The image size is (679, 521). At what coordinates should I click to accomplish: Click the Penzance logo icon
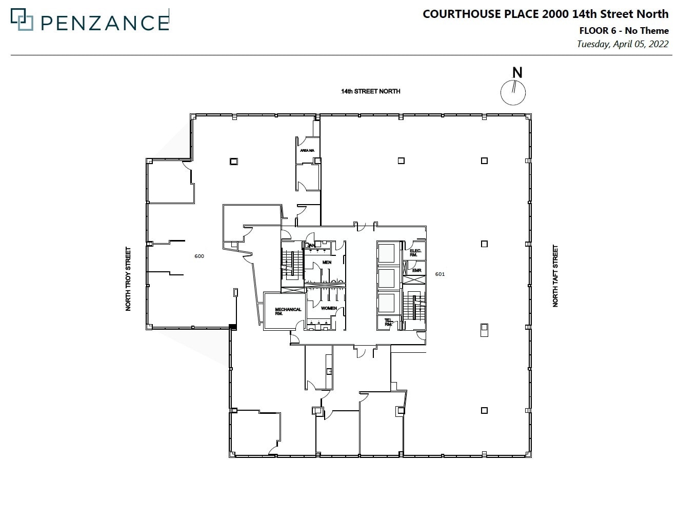click(x=22, y=21)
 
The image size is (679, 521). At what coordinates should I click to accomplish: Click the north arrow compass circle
click(x=513, y=93)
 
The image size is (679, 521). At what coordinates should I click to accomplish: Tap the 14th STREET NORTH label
click(x=370, y=91)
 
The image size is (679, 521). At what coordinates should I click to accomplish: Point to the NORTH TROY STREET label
click(x=128, y=279)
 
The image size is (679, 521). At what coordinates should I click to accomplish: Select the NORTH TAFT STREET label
click(x=555, y=276)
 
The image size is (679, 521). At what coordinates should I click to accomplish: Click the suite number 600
click(x=199, y=256)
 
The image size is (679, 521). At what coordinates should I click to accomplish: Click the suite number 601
click(x=440, y=274)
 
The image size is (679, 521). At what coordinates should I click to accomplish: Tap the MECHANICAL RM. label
click(x=288, y=311)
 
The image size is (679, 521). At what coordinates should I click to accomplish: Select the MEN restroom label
click(x=327, y=263)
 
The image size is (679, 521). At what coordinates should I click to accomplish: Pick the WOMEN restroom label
click(x=329, y=308)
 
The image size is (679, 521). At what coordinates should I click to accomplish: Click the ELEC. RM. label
click(x=415, y=253)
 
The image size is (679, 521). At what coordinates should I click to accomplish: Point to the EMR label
click(x=416, y=270)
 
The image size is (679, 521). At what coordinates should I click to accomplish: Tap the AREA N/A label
click(x=307, y=150)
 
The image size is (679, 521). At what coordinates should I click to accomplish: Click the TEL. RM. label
click(x=388, y=323)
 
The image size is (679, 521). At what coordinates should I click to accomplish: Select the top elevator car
click(x=387, y=253)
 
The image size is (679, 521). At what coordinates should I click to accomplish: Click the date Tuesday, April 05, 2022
click(x=622, y=44)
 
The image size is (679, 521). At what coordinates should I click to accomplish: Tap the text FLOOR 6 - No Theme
click(x=624, y=31)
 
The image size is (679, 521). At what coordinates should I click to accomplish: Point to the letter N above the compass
click(x=517, y=73)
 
